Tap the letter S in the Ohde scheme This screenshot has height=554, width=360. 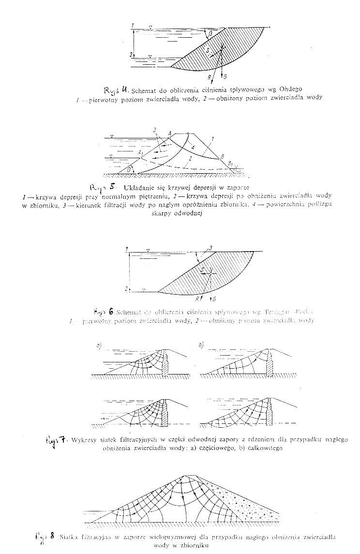click(x=207, y=50)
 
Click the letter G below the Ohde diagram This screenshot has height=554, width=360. click(x=225, y=77)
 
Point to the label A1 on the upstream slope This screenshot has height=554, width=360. click(x=140, y=152)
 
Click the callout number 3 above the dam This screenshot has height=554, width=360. click(x=154, y=130)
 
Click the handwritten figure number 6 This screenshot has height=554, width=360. click(x=111, y=312)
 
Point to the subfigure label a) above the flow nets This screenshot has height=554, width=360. click(x=98, y=345)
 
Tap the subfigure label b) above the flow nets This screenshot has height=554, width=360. click(x=200, y=345)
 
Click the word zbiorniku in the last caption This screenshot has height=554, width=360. click(x=192, y=545)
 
